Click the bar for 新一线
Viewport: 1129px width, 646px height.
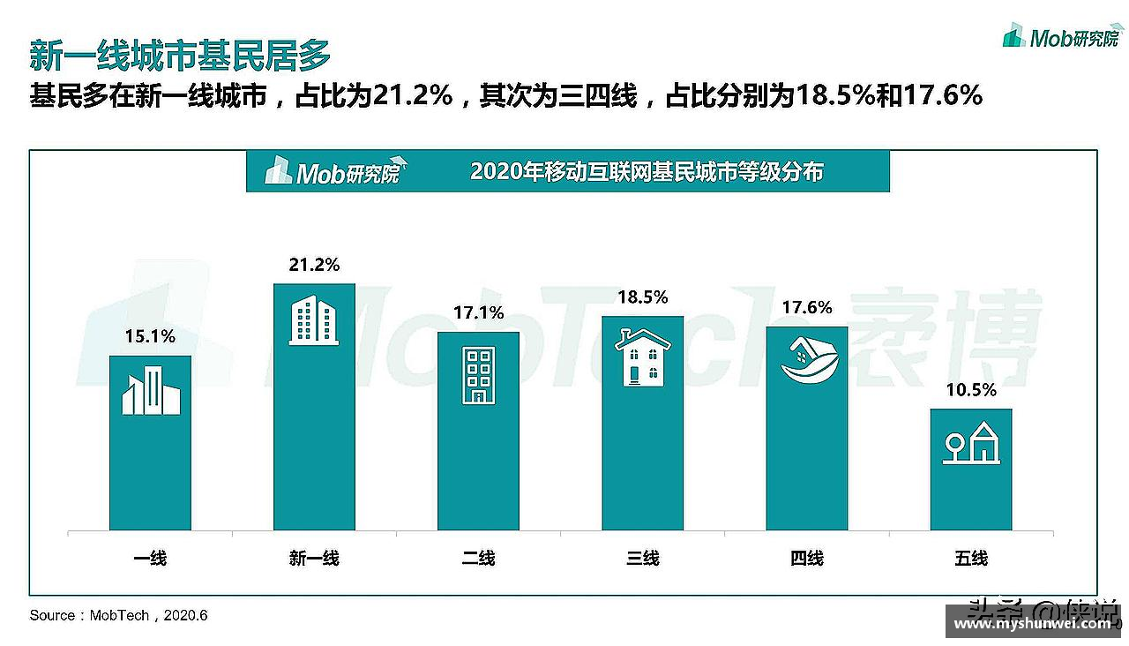click(x=314, y=406)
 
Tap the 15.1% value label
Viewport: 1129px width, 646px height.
click(x=150, y=336)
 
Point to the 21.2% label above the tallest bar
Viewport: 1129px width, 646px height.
click(x=314, y=265)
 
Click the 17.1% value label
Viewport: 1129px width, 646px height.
click(x=478, y=312)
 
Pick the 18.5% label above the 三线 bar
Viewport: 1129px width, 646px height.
click(x=642, y=297)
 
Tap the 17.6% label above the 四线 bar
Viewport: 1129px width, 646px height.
click(x=806, y=307)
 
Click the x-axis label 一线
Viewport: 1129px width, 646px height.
click(x=150, y=558)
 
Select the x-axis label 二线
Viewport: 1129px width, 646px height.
click(x=478, y=558)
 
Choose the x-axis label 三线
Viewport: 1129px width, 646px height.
click(x=642, y=558)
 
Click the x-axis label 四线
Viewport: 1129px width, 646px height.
click(x=806, y=558)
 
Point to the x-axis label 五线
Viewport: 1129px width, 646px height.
click(x=971, y=558)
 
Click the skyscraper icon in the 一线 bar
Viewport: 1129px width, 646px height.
click(x=151, y=392)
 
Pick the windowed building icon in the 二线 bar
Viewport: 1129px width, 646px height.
click(x=478, y=375)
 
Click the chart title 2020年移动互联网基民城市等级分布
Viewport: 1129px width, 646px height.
click(x=647, y=171)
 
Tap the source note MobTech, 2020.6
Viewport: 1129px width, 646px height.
click(x=118, y=615)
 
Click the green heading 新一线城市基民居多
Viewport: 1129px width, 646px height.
click(x=180, y=56)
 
